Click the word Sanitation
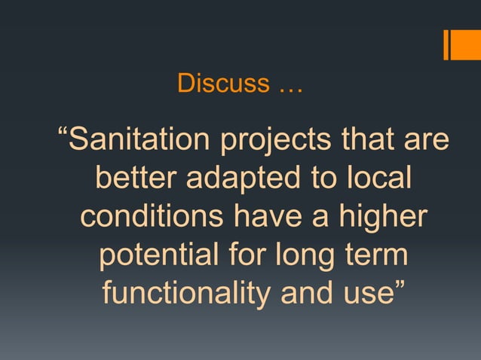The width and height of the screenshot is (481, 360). [138, 141]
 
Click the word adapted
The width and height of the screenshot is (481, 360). [237, 181]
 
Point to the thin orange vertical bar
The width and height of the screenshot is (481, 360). [446, 44]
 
